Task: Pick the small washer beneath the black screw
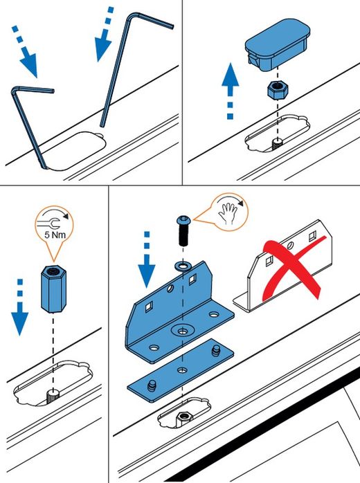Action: [183, 266]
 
